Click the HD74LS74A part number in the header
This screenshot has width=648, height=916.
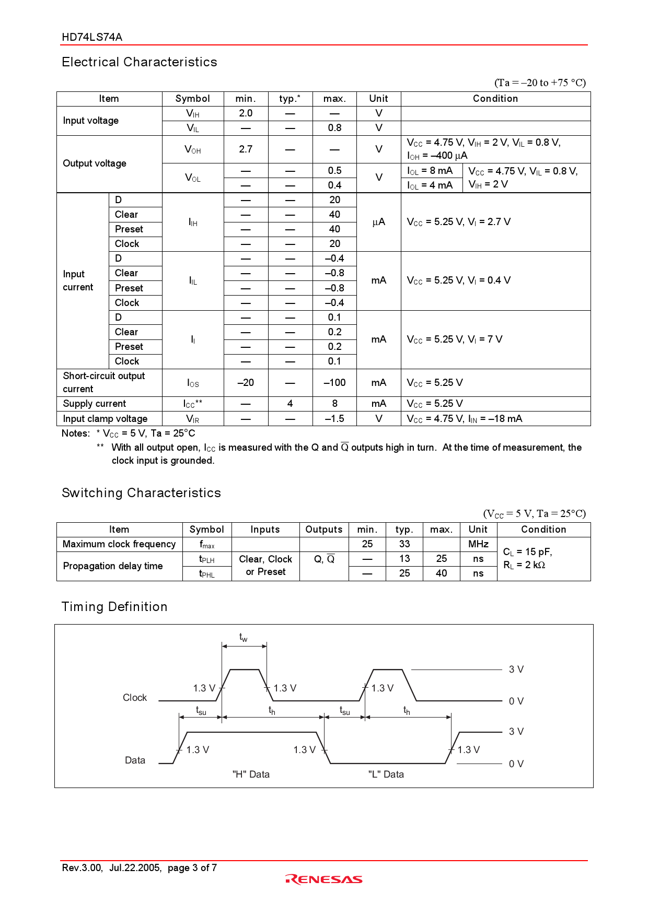tap(92, 37)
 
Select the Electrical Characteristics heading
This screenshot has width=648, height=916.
tap(139, 62)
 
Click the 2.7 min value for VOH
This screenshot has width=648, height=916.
tap(246, 149)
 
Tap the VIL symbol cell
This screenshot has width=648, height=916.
tap(192, 128)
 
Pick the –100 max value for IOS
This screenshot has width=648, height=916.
tap(334, 383)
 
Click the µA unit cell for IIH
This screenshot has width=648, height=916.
tap(378, 222)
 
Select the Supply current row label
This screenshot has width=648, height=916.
tap(95, 404)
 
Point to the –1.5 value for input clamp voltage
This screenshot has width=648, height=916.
tap(334, 419)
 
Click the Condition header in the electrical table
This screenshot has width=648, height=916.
tap(495, 99)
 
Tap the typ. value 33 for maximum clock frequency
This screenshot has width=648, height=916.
tap(404, 544)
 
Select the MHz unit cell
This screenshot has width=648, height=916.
tap(478, 544)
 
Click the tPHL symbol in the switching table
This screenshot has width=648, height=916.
tap(207, 573)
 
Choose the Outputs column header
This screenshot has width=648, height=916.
tap(324, 530)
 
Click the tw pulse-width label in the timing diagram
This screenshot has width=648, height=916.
tap(244, 637)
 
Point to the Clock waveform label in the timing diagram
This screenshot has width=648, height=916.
tap(135, 698)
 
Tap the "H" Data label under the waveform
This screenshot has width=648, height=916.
tap(251, 774)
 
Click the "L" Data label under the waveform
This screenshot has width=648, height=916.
tap(386, 774)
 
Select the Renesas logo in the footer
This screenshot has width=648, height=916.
tap(324, 879)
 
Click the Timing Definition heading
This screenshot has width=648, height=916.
tap(114, 607)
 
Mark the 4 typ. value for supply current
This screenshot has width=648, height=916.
tap(290, 404)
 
